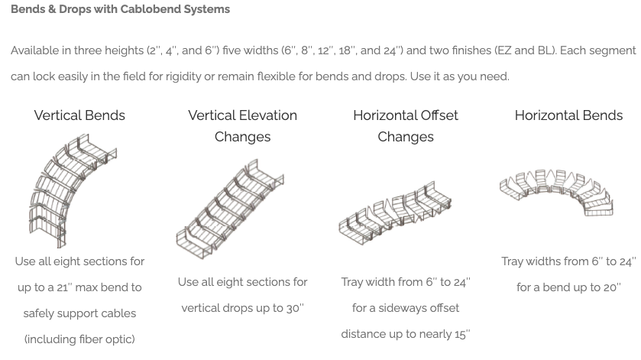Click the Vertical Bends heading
coord(79,115)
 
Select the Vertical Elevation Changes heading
coord(242,126)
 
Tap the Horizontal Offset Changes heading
coord(406,126)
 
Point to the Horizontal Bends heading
coord(568,115)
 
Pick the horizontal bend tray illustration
coord(558,192)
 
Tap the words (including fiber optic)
coord(79,339)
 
